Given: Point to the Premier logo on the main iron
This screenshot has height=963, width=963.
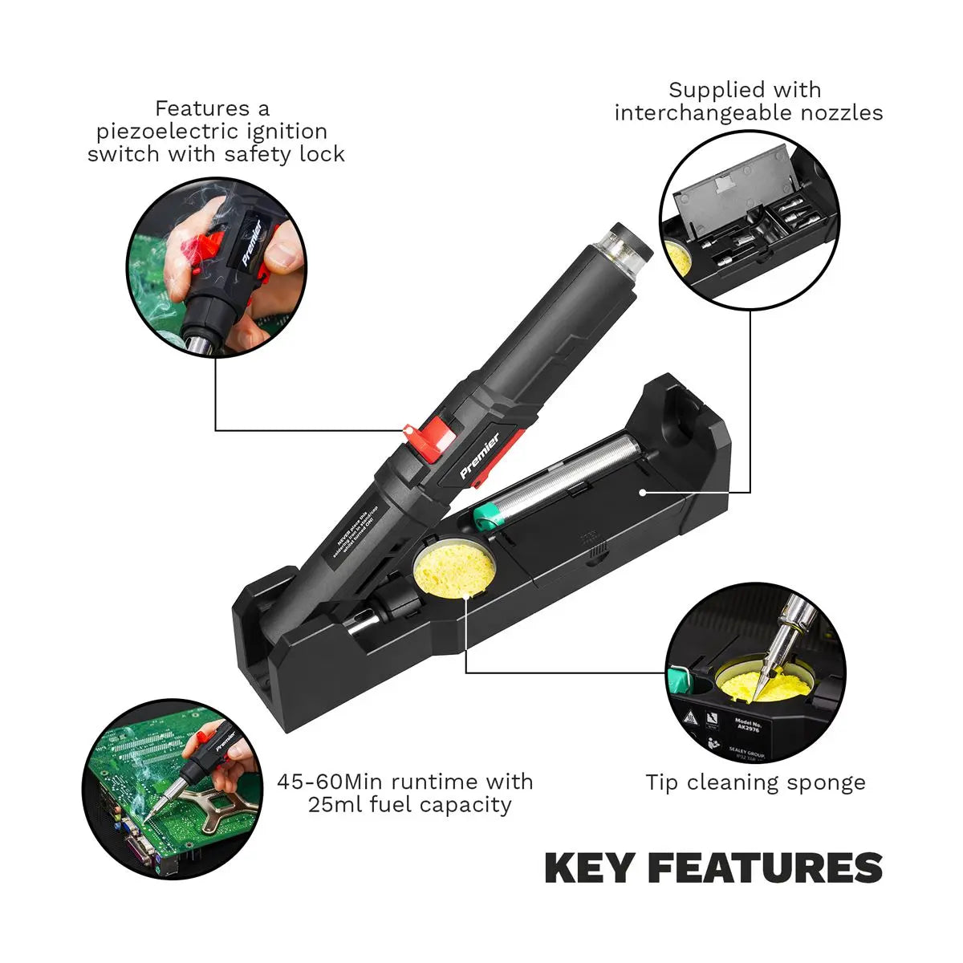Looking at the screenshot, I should tap(480, 455).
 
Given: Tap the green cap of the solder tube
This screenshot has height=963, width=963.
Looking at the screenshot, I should tap(488, 515).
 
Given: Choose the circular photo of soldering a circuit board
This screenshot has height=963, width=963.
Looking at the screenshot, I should tap(173, 787).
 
